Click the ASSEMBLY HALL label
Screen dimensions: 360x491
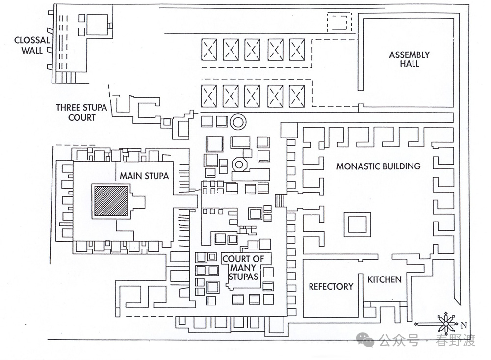pyautogui.click(x=409, y=59)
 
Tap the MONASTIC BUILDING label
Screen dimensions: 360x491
pyautogui.click(x=378, y=166)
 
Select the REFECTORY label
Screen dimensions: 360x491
pyautogui.click(x=331, y=287)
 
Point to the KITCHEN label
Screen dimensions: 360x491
pyautogui.click(x=385, y=279)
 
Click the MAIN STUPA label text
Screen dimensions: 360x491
pyautogui.click(x=144, y=176)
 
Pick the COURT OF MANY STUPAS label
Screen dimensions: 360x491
pyautogui.click(x=243, y=268)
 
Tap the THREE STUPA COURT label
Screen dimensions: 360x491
pyautogui.click(x=82, y=112)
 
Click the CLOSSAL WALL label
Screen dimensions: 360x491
pyautogui.click(x=32, y=45)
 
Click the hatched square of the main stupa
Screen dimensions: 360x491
pyautogui.click(x=110, y=201)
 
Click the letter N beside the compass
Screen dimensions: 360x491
pyautogui.click(x=464, y=324)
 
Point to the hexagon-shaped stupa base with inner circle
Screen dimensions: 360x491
pyautogui.click(x=239, y=165)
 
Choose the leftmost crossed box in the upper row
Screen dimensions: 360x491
pyautogui.click(x=210, y=50)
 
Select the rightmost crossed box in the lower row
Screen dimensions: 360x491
pyautogui.click(x=297, y=95)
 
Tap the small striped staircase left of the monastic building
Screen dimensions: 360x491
pyautogui.click(x=280, y=201)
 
